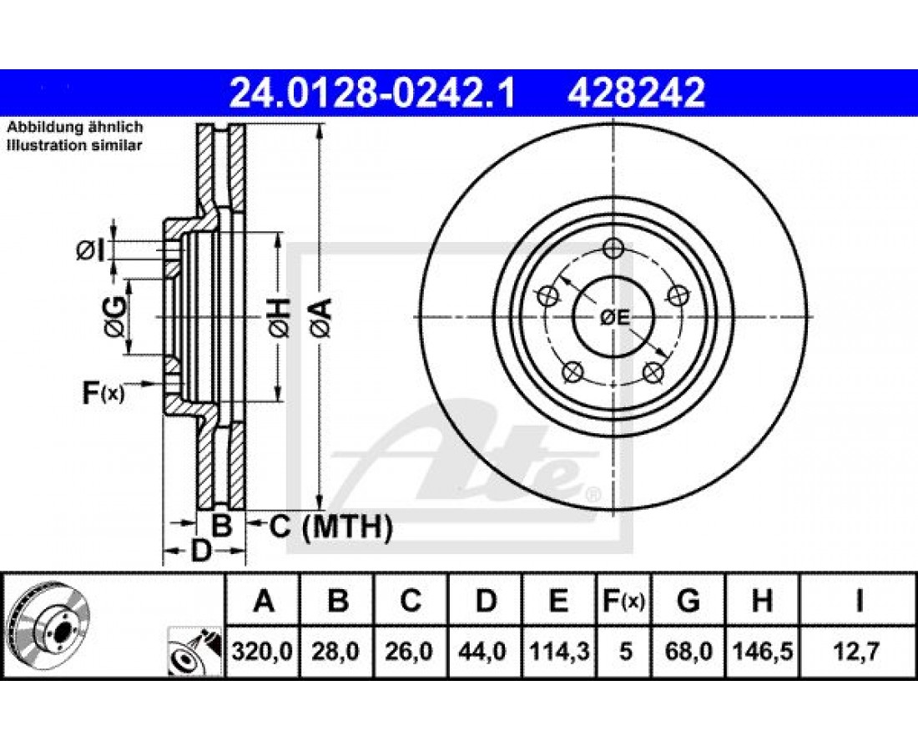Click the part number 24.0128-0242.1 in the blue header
pyautogui.click(x=372, y=93)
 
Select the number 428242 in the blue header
pyautogui.click(x=636, y=93)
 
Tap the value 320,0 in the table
pyautogui.click(x=262, y=651)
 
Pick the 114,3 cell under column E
pyautogui.click(x=558, y=651)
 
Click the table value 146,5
pyautogui.click(x=762, y=651)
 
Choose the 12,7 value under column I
pyautogui.click(x=858, y=651)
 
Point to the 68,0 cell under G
pyautogui.click(x=688, y=651)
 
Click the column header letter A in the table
pyautogui.click(x=264, y=601)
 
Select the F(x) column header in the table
pyautogui.click(x=623, y=601)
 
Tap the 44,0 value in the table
pyautogui.click(x=485, y=651)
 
